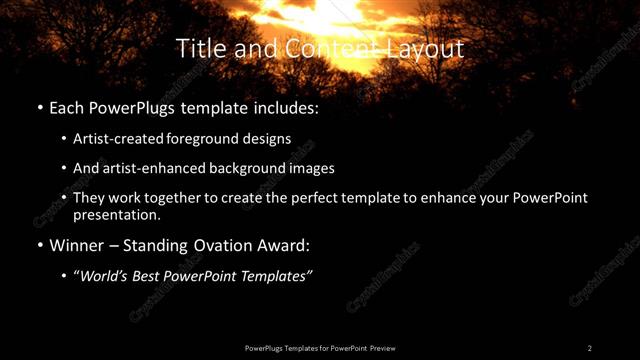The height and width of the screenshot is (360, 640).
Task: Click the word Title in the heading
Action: [197, 48]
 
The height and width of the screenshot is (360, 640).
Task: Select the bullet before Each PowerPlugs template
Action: [39, 106]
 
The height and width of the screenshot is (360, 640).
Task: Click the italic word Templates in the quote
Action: [279, 276]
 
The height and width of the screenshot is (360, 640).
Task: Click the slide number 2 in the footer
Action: [590, 348]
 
